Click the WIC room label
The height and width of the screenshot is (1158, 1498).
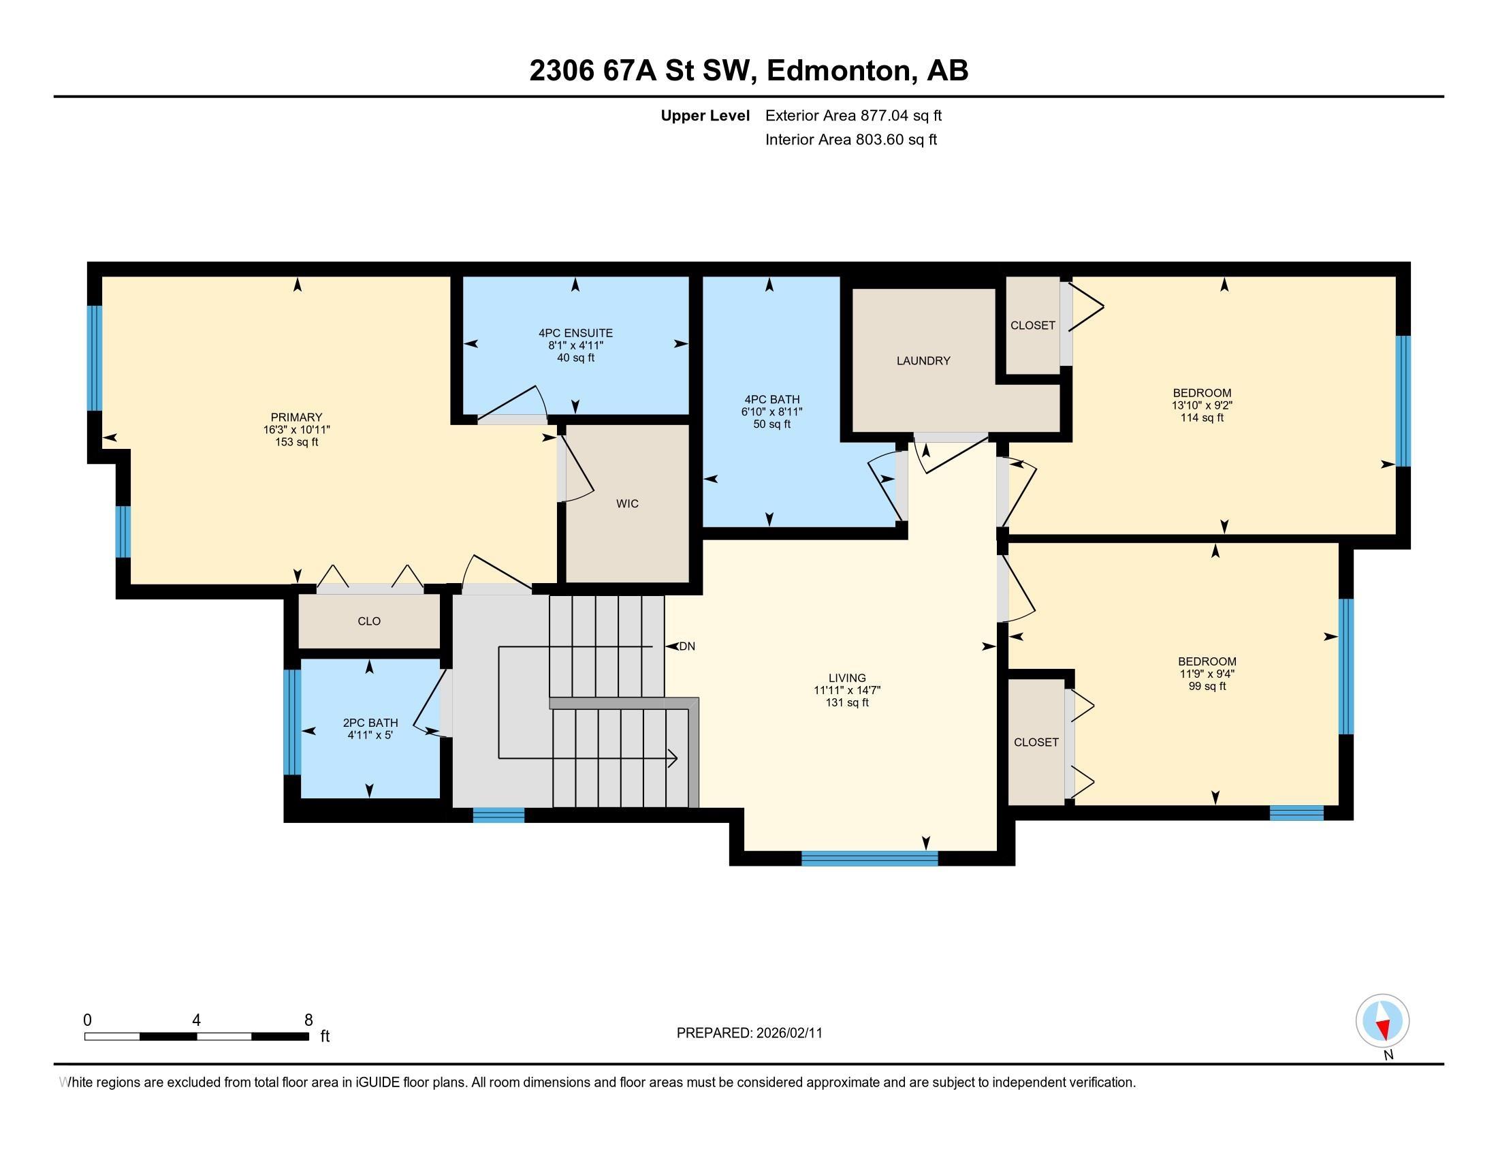coord(627,503)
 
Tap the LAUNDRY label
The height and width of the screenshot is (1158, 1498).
coord(923,361)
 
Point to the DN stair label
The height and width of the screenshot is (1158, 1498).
coord(686,646)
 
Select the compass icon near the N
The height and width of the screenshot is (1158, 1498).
coord(1382,1020)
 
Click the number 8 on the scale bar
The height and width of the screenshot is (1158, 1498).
coord(308,1020)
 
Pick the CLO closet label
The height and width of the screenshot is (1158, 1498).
coord(369,621)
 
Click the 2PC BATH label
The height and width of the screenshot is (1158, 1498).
coord(370,723)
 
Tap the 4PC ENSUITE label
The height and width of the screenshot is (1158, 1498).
coord(575,333)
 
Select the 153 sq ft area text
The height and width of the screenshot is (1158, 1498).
coord(296,443)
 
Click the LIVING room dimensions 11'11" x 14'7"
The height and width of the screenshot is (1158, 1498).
coord(847,691)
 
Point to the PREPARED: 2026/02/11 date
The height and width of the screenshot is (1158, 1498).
coord(749,1033)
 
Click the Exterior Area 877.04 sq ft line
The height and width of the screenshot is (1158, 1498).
coord(853,116)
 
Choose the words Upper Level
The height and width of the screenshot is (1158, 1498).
coord(705,116)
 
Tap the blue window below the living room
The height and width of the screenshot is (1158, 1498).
coord(869,858)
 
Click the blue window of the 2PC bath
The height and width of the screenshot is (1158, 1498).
coord(292,722)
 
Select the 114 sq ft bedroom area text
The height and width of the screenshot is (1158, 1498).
coord(1202,418)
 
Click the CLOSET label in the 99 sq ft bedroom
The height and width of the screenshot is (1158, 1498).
coord(1036,742)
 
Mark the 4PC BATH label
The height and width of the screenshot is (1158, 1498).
coord(771,400)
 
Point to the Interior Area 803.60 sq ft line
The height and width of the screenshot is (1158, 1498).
coord(851,140)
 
